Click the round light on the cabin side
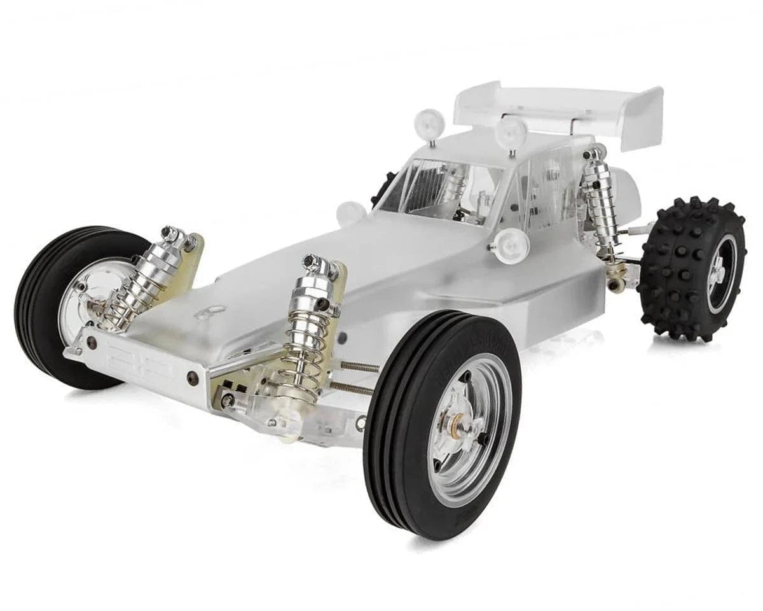pos(511,244)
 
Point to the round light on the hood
pos(351,213)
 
